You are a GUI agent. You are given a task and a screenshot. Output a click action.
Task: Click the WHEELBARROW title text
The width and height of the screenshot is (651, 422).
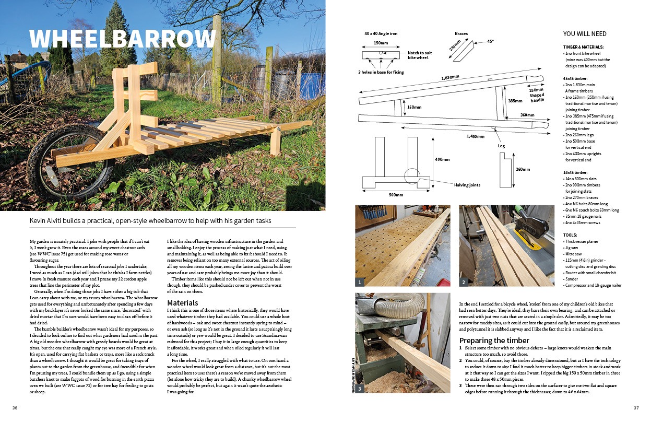click(x=123, y=39)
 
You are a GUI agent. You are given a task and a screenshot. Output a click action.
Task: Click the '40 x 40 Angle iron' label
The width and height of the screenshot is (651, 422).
click(x=381, y=33)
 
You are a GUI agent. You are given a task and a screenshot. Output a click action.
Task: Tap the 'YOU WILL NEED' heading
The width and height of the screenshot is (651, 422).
click(x=585, y=34)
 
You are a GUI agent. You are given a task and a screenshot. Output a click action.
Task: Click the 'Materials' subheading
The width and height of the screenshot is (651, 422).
click(x=183, y=303)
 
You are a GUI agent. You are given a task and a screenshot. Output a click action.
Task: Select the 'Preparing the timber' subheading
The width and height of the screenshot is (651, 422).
click(x=494, y=341)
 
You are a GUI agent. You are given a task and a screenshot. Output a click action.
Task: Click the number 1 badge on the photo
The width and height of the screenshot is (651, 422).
click(x=360, y=282)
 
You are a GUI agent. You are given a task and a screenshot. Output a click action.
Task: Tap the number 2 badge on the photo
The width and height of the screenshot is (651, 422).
click(x=464, y=282)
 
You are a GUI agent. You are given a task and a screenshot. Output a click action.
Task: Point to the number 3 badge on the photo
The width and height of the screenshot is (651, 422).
click(x=360, y=389)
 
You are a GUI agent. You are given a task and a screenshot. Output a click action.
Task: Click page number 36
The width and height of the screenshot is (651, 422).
click(x=15, y=408)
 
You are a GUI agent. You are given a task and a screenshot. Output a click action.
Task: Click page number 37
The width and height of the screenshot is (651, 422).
click(x=636, y=408)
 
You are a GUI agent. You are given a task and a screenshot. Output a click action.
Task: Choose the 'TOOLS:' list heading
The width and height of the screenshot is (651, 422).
click(x=571, y=235)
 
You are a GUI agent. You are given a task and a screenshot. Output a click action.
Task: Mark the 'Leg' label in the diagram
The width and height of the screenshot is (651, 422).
click(x=501, y=146)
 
